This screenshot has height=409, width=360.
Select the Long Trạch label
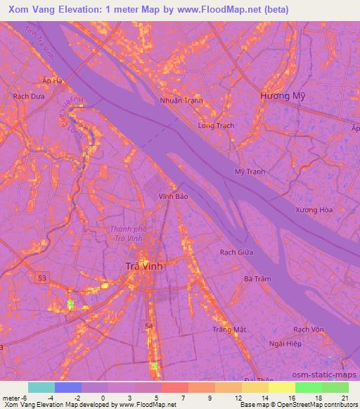click(216, 126)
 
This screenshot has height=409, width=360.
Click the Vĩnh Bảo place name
click(174, 197)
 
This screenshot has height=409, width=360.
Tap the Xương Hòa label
click(314, 210)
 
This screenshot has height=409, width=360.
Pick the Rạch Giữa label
click(237, 252)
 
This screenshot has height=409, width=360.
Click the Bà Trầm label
click(257, 279)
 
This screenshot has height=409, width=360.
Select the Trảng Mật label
click(229, 329)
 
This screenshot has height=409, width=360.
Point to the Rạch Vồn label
click(309, 329)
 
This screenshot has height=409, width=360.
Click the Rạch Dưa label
click(28, 96)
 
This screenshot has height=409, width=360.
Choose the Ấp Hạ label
click(52, 81)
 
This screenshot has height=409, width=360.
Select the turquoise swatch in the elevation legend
click(41, 387)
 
